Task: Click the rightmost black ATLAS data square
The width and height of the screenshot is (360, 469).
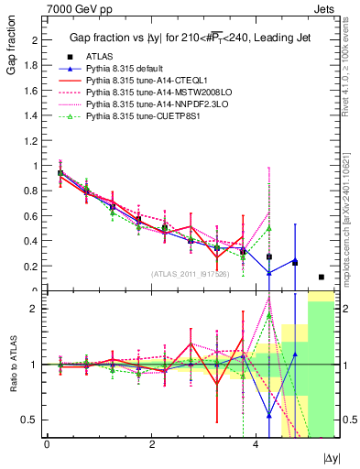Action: pos(321,277)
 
